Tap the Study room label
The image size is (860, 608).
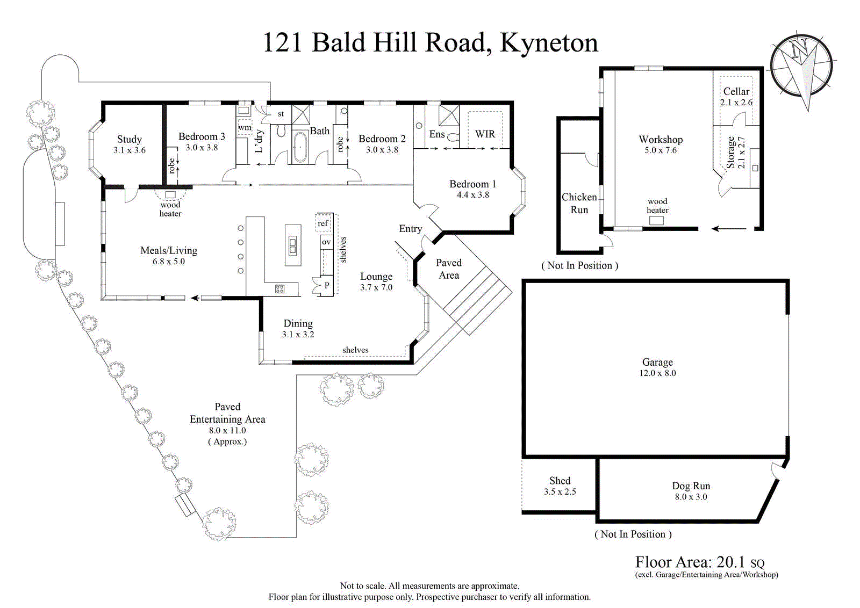click(130, 139)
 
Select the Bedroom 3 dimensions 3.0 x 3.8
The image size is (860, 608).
click(202, 148)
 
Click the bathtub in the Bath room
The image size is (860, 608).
click(300, 147)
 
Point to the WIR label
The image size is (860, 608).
click(485, 134)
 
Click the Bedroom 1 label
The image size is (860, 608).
click(472, 184)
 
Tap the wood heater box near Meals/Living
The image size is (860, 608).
click(170, 194)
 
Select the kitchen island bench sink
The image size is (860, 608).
click(292, 245)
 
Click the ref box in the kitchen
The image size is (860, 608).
click(322, 223)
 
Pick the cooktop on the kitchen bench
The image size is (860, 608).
click(279, 289)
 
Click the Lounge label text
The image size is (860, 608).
click(376, 277)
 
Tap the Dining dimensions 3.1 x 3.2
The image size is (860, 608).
click(298, 335)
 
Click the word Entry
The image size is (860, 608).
click(410, 229)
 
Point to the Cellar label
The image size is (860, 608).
click(736, 91)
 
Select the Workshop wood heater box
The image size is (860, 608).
click(656, 220)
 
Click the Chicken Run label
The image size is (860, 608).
click(579, 204)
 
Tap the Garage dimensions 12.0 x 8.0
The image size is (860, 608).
click(657, 373)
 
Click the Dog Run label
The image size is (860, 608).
click(691, 486)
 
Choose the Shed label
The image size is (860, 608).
click(560, 481)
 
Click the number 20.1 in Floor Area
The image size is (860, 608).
click(730, 562)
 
